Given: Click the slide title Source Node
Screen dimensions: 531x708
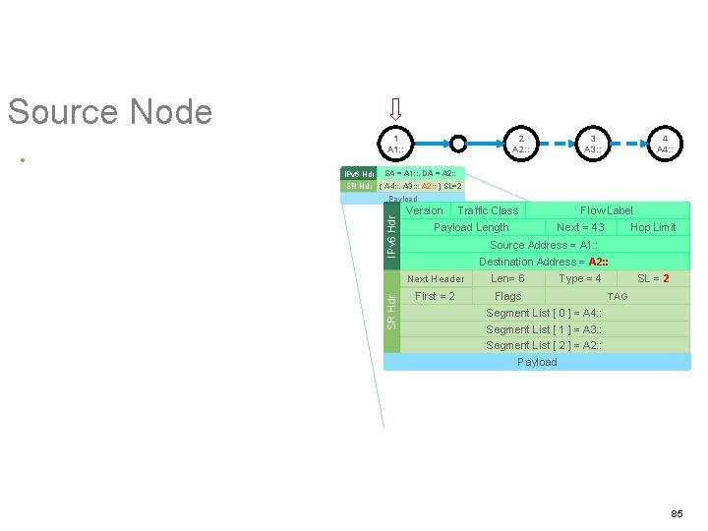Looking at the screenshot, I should pos(109,112).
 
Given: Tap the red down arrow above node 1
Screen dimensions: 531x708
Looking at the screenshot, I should pos(395,107).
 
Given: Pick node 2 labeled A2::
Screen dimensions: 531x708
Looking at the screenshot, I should pos(521,144).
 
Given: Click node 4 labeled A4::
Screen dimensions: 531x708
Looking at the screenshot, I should pos(665,144).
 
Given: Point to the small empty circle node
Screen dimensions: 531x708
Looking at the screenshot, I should pos(458,144).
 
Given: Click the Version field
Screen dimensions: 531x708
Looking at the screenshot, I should pos(424,210).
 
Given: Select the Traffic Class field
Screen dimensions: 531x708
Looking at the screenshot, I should pos(488,210).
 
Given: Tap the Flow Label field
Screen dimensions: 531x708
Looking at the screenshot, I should pos(607,210).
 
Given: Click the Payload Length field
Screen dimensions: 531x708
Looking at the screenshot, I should pos(471,227).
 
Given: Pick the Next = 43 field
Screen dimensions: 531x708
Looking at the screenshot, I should pos(580,227).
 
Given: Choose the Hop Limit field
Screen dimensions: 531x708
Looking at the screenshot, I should pos(653,227).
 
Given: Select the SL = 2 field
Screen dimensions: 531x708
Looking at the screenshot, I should pos(653,278).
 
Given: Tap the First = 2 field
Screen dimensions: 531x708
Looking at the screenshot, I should pos(435,296).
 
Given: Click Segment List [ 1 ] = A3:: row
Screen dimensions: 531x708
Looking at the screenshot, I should pos(544,329).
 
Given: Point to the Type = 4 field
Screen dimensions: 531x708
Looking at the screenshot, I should pos(580,278).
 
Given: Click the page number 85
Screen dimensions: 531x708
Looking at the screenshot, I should pos(677,514).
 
